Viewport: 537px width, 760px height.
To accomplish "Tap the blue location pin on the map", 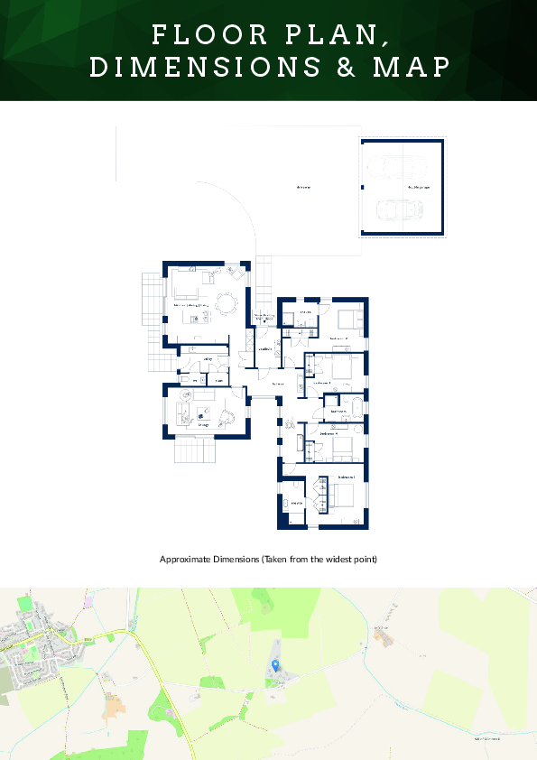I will coord(275,666).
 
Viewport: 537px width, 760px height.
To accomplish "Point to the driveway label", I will coord(303,187).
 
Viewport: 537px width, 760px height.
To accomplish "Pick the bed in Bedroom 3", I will coord(348,319).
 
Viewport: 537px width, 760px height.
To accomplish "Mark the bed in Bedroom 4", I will coord(341,447).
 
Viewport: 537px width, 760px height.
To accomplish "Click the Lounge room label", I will coord(204,424).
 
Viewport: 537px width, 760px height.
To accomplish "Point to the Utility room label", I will coord(208,359).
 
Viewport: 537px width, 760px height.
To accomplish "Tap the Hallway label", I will coord(278,384).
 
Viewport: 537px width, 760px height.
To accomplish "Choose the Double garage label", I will coord(419,187).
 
